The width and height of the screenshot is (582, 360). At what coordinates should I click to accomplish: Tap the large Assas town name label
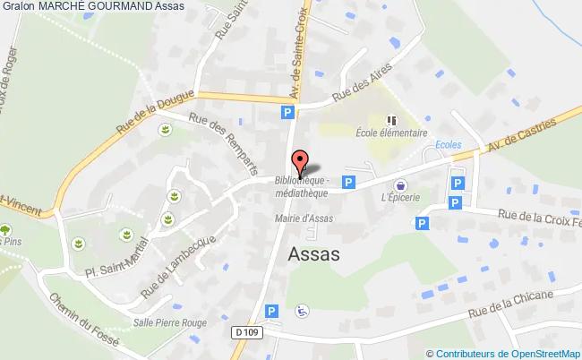pos(314,253)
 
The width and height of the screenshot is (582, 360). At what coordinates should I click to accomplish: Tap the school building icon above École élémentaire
pos(390,119)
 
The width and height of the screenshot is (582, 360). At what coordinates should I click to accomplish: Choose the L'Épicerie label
pos(399,198)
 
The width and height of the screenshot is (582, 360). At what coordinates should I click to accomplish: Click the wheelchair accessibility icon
pos(303,311)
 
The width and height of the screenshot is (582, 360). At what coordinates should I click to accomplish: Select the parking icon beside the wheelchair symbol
pos(276,310)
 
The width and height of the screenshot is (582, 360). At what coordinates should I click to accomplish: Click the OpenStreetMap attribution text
pos(503,354)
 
